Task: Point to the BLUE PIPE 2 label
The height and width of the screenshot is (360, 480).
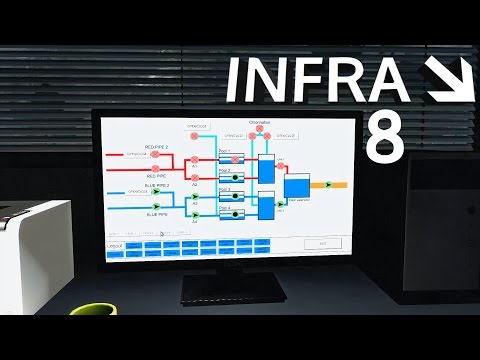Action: click(157, 185)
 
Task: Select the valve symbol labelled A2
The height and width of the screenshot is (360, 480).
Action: click(195, 175)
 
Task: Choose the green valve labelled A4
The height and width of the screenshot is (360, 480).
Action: click(195, 213)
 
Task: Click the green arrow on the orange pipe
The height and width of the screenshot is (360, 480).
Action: click(326, 185)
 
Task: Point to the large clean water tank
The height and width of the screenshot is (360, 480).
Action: click(297, 186)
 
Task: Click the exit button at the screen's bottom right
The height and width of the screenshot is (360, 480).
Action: click(323, 243)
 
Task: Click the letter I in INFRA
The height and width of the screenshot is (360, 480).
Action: click(235, 80)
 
